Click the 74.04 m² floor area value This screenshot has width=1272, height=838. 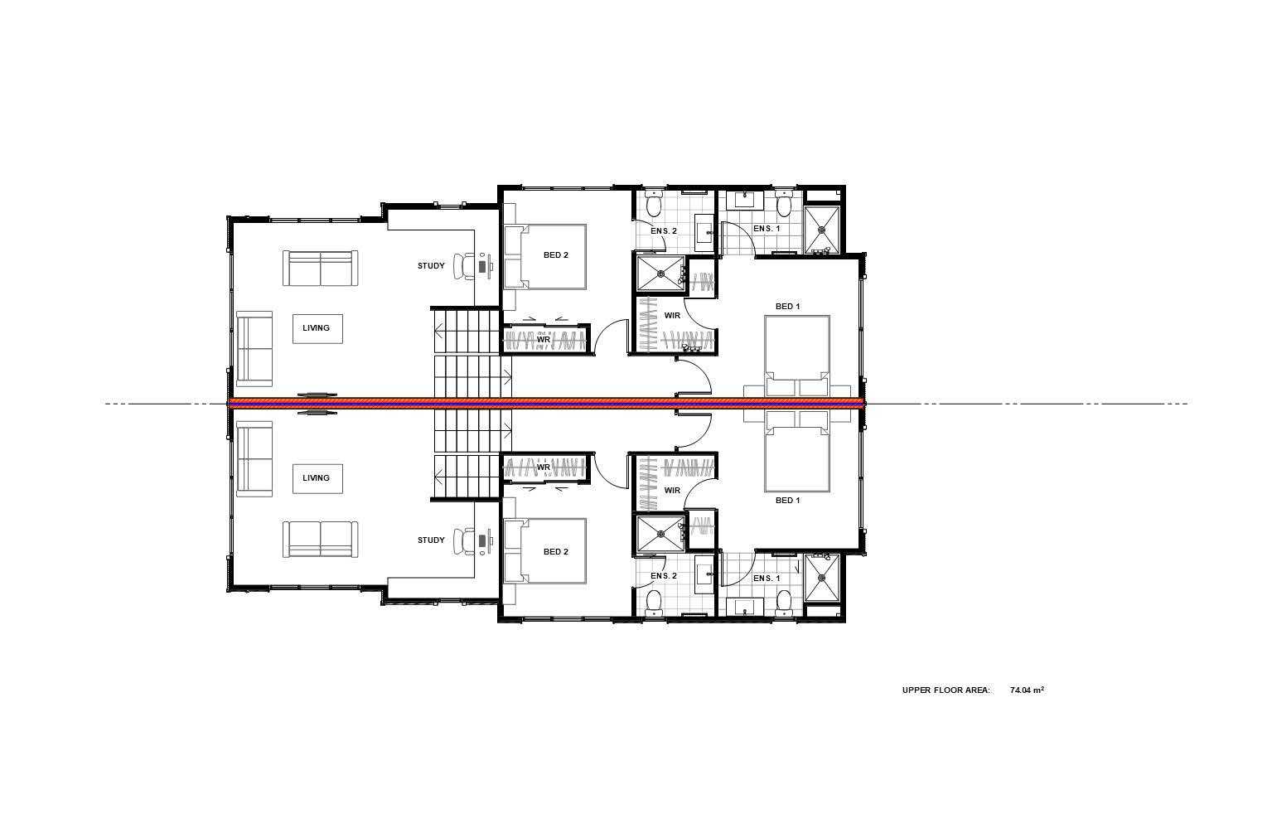click(1028, 690)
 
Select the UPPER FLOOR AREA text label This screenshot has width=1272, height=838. click(946, 690)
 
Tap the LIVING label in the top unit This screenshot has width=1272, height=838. click(316, 327)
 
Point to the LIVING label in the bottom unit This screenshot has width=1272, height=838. click(316, 477)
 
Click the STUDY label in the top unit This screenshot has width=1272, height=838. click(431, 266)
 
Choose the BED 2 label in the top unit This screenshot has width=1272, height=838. click(555, 255)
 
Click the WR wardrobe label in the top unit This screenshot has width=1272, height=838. click(544, 340)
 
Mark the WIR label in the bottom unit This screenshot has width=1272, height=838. click(672, 491)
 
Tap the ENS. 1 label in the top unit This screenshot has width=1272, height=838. click(767, 229)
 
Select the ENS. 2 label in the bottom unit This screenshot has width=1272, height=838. click(663, 576)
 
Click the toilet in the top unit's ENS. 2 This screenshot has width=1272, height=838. click(654, 204)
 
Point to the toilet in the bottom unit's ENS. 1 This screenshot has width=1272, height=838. click(784, 603)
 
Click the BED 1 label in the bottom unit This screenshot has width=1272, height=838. click(787, 501)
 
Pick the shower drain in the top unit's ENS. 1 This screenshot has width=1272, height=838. click(822, 229)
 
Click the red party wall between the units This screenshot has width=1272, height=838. click(546, 404)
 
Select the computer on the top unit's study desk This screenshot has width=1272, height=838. click(484, 266)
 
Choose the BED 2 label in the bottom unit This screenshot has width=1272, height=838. click(555, 552)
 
